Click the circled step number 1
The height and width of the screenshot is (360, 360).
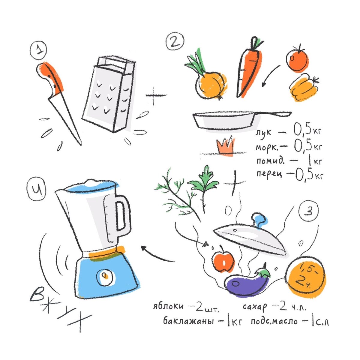[38, 50]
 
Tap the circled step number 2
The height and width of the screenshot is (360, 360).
[175, 41]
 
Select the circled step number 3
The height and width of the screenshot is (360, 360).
[308, 211]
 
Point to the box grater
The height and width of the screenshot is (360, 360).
[109, 94]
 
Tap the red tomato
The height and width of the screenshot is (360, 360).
[297, 59]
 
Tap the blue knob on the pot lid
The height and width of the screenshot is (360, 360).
[260, 221]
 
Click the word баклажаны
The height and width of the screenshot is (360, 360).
[188, 321]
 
